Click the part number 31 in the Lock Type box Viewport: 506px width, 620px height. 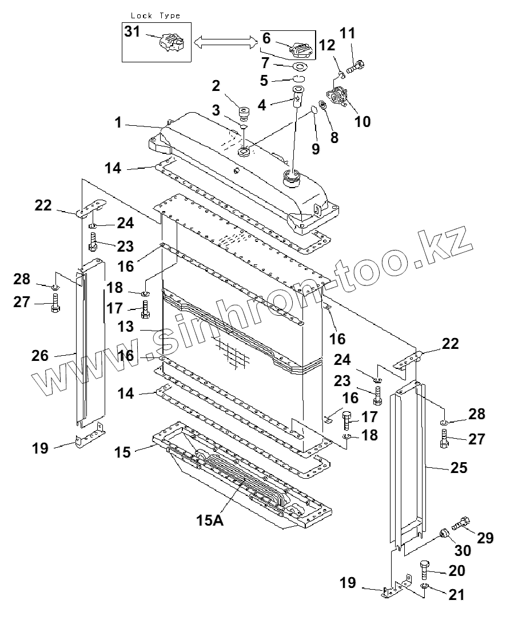click(132, 32)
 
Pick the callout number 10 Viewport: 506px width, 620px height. click(361, 121)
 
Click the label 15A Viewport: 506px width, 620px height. click(209, 520)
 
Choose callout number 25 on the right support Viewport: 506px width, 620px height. click(459, 467)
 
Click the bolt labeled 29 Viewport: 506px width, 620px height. click(460, 523)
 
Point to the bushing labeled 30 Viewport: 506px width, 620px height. click(444, 535)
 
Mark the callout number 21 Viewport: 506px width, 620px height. click(456, 595)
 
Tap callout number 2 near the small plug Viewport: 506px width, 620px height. click(216, 86)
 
